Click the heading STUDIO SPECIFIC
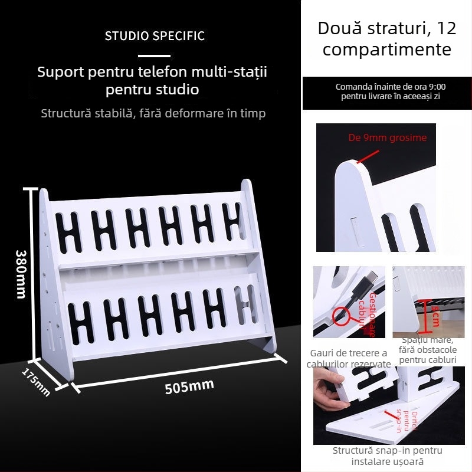tap(155, 36)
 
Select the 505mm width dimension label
tap(189, 387)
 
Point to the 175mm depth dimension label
tap(36, 382)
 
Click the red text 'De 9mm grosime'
tap(388, 138)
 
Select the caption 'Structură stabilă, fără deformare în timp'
tap(153, 113)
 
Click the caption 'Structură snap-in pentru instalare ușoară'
tap(387, 455)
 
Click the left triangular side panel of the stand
tap(50, 277)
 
